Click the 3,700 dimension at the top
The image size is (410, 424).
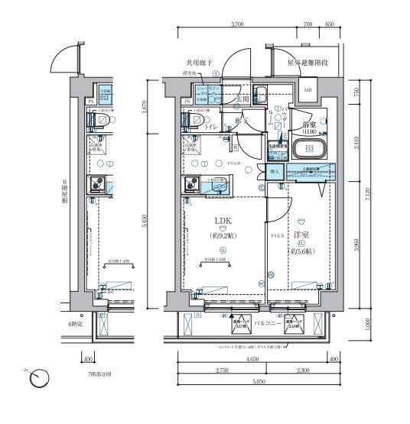tap(236, 24)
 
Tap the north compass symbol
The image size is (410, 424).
tap(43, 377)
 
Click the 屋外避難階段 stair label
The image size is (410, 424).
tap(307, 63)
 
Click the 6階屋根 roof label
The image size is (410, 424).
tap(66, 196)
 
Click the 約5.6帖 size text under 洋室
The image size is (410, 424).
tap(299, 251)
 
